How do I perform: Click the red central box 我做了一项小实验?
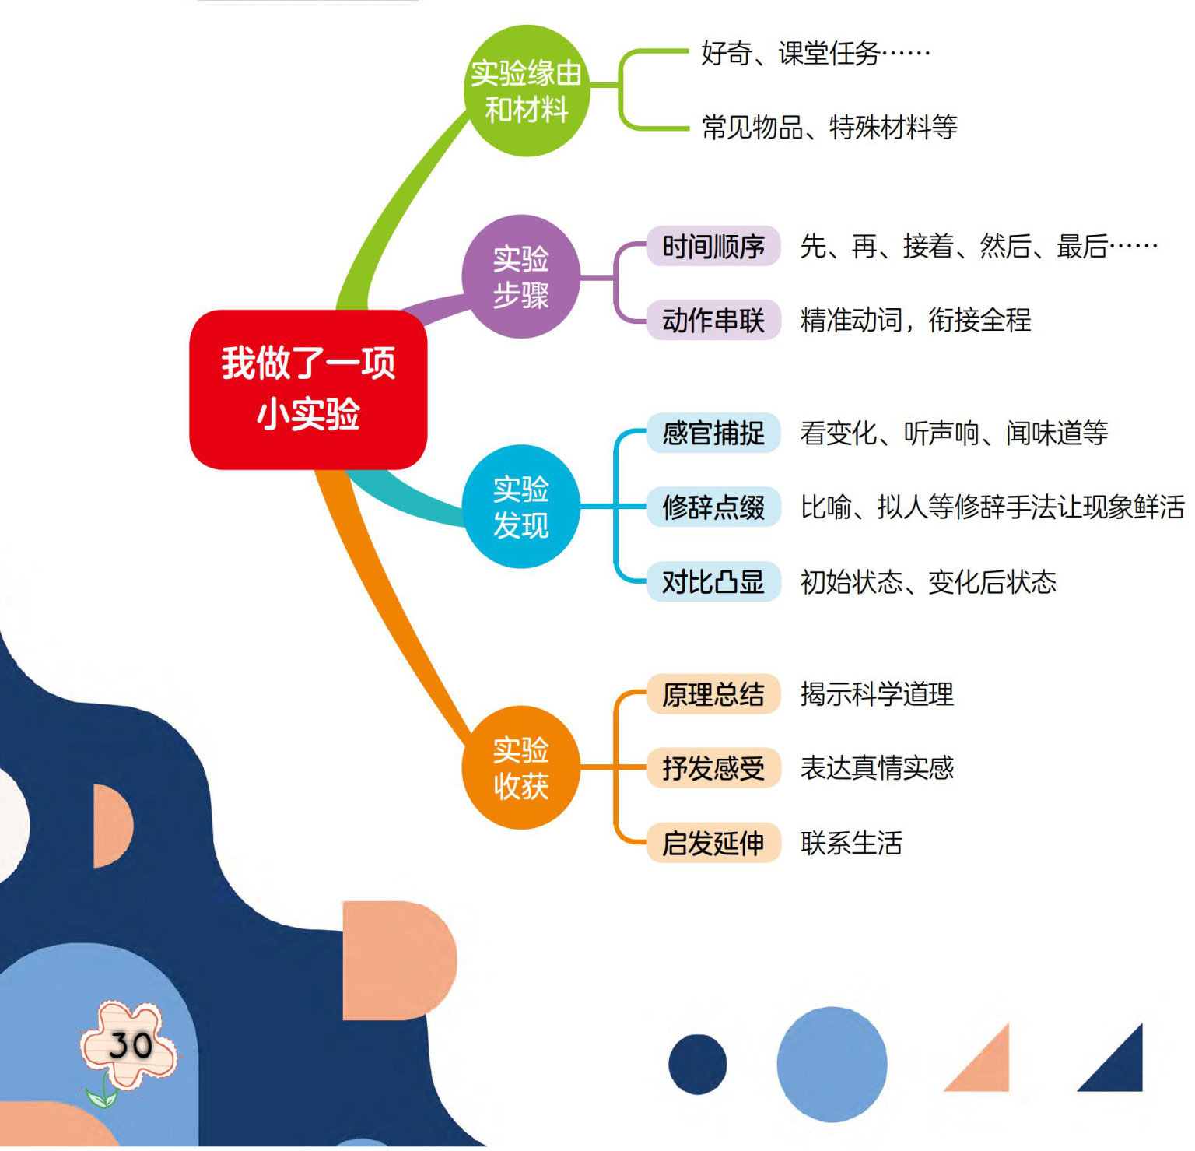[308, 389]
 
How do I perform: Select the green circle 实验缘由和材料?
[527, 91]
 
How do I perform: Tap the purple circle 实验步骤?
[521, 276]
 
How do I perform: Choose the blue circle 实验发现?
[521, 507]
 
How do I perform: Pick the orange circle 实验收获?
[521, 767]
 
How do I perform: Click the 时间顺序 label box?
[713, 247]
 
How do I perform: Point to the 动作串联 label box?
[713, 320]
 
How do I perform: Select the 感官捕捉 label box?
[713, 433]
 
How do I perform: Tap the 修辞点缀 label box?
[713, 507]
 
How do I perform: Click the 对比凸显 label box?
[713, 581]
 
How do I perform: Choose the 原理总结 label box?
[713, 693]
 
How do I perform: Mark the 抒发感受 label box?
[713, 768]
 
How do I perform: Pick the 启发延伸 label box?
[713, 843]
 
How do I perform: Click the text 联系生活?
[851, 843]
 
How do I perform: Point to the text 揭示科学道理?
[877, 693]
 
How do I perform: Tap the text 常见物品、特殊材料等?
[829, 127]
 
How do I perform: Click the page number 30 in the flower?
[130, 1044]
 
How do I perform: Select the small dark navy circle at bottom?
[697, 1064]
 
